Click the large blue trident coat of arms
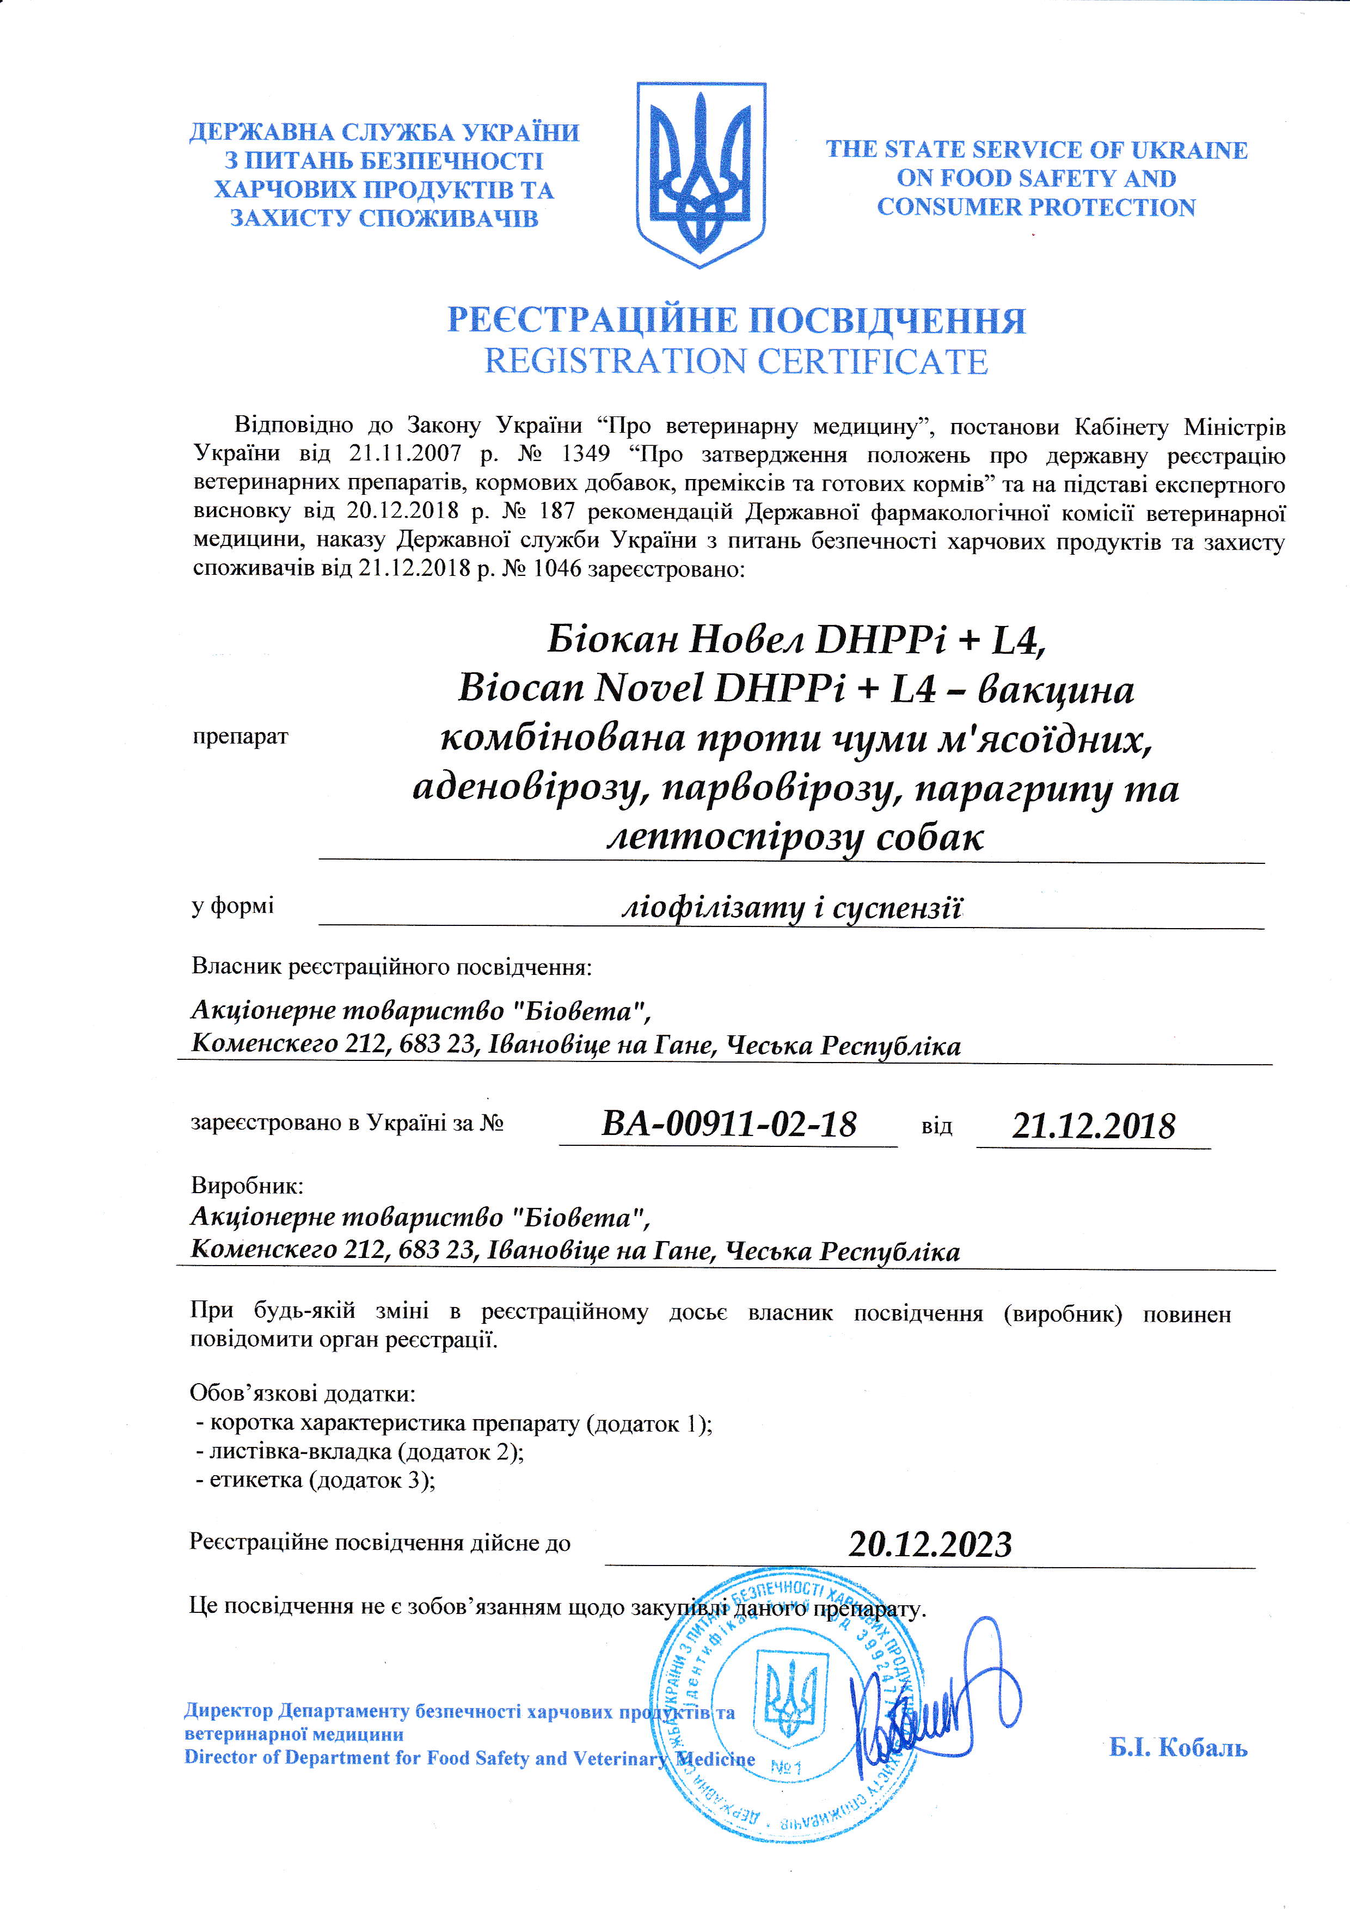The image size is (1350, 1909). [x=700, y=175]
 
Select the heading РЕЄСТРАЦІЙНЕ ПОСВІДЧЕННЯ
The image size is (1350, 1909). [x=737, y=320]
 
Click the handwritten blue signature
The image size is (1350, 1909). [x=931, y=1704]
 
